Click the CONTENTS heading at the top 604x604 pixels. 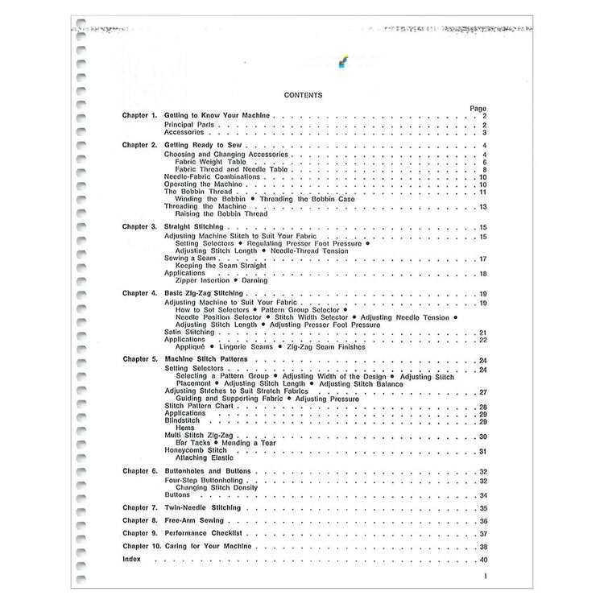pyautogui.click(x=304, y=95)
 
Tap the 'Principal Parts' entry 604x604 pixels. pyautogui.click(x=188, y=126)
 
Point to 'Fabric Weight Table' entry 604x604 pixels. pyautogui.click(x=205, y=162)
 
